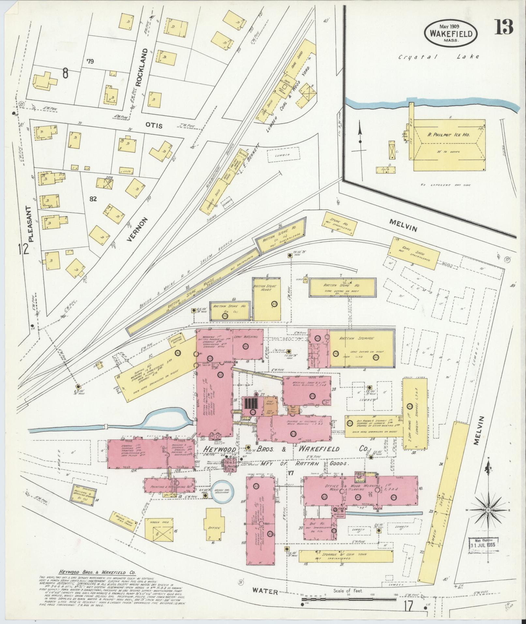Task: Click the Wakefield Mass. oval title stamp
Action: click(x=451, y=33)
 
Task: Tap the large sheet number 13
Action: click(x=504, y=27)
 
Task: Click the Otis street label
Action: click(x=154, y=125)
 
